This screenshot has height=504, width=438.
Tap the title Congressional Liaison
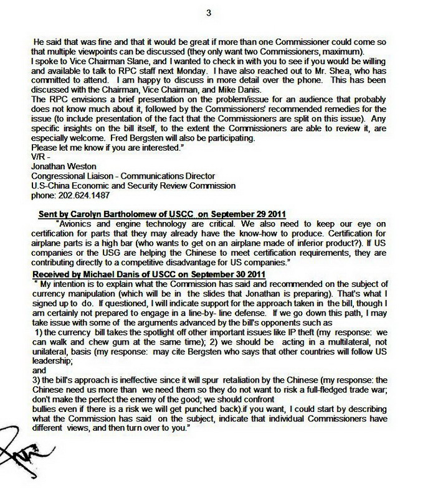(72, 175)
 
